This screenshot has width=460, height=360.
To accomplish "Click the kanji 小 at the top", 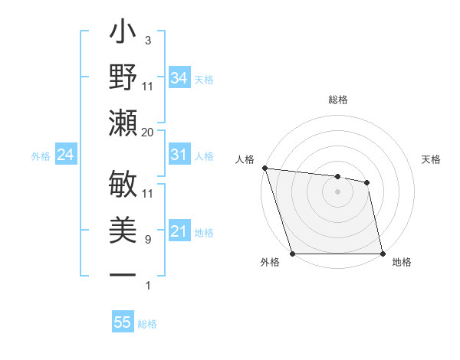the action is point(123,34).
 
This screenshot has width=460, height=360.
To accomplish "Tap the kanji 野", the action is point(123,78).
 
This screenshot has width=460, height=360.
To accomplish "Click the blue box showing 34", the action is point(179,77).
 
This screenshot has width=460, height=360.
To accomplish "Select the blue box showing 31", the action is point(179,155).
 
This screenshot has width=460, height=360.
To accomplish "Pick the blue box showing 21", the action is point(179,231).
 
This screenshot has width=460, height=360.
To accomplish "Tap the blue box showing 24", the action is point(65,155).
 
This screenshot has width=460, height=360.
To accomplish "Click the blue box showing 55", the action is point(122,322).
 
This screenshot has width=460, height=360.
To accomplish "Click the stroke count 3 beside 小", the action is point(147,40).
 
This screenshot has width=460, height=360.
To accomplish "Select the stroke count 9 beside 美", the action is point(147,240).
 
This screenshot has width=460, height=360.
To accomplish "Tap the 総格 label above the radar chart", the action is point(337,100).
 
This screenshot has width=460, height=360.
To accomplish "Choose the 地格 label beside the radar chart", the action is point(402,263).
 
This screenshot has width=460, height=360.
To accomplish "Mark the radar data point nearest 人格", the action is point(264,168).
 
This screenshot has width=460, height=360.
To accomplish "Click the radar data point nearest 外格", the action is point(293,254).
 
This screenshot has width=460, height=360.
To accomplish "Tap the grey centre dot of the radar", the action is point(337,191).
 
